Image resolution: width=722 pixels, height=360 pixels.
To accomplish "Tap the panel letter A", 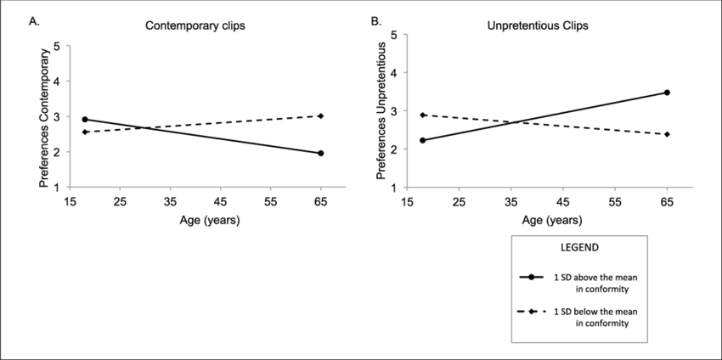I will pyautogui.click(x=35, y=23).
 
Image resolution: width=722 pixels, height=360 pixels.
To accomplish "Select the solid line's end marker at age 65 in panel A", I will pyautogui.click(x=321, y=154).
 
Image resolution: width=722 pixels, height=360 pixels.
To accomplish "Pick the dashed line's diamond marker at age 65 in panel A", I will pyautogui.click(x=321, y=116).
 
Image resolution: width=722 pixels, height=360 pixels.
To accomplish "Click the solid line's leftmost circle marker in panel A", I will pyautogui.click(x=85, y=120).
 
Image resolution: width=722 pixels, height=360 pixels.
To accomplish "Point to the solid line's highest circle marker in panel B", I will pyautogui.click(x=667, y=93).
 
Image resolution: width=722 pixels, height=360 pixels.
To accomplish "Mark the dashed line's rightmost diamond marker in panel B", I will pyautogui.click(x=667, y=134).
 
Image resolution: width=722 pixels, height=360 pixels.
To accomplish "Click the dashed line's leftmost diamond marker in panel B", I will pyautogui.click(x=423, y=115).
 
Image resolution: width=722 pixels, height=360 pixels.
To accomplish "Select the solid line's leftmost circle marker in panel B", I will pyautogui.click(x=423, y=140).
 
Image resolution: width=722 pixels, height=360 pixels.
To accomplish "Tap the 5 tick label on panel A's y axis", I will pyautogui.click(x=56, y=45).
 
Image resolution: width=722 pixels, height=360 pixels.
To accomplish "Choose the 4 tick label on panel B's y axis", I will pyautogui.click(x=396, y=74).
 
